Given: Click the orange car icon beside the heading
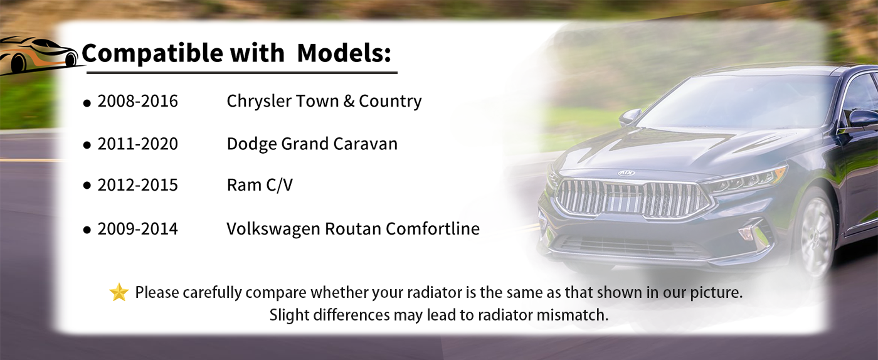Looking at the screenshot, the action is click(x=39, y=55).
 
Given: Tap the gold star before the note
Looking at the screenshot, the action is click(x=119, y=292).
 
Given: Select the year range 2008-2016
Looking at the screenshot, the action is click(x=137, y=101).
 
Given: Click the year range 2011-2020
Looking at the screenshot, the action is click(x=137, y=144).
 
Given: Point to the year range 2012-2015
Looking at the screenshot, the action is click(x=137, y=185).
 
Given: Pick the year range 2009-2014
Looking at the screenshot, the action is click(x=137, y=229).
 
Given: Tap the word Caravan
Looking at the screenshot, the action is click(x=365, y=144).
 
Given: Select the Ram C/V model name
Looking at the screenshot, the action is click(x=260, y=185).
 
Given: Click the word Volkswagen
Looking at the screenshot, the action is click(x=273, y=229).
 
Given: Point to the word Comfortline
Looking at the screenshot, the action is click(x=433, y=229).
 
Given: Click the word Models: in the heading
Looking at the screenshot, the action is click(x=344, y=53).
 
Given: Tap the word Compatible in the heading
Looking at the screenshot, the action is click(x=152, y=54).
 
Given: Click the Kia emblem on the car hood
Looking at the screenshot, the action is click(x=626, y=173).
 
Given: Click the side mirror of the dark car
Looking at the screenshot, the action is click(x=630, y=117).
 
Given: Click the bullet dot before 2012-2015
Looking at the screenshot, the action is click(x=87, y=186).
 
